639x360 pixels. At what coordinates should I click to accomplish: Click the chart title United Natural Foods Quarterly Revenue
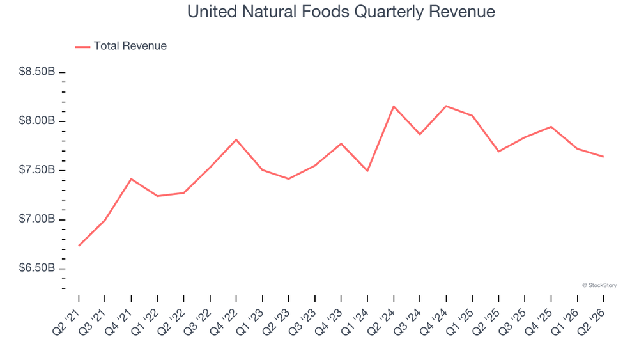coord(341,12)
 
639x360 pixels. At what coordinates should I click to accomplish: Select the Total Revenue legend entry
coord(121,46)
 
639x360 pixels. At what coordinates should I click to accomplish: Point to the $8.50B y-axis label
coord(36,72)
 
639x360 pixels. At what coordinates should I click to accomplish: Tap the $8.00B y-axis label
coord(36,121)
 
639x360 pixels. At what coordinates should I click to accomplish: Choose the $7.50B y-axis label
coord(36,169)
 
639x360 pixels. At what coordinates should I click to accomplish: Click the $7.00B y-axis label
coord(36,219)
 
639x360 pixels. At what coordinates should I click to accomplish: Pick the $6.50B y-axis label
coord(36,268)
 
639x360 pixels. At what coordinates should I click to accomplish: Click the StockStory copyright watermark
coord(599,285)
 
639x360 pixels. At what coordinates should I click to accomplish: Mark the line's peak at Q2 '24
coord(394,106)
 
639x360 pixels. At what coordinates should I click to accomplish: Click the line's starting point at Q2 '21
coord(79,246)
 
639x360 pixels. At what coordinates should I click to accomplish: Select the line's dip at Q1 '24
coord(367,171)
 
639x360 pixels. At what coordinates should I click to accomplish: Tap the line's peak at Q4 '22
coord(236,140)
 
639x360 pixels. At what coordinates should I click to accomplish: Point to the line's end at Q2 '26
coord(603,157)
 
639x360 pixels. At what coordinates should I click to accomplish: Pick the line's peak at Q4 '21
coord(131,179)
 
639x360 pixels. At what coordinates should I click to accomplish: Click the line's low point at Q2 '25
coord(498,152)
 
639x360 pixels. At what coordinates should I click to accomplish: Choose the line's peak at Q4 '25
coord(551,127)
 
